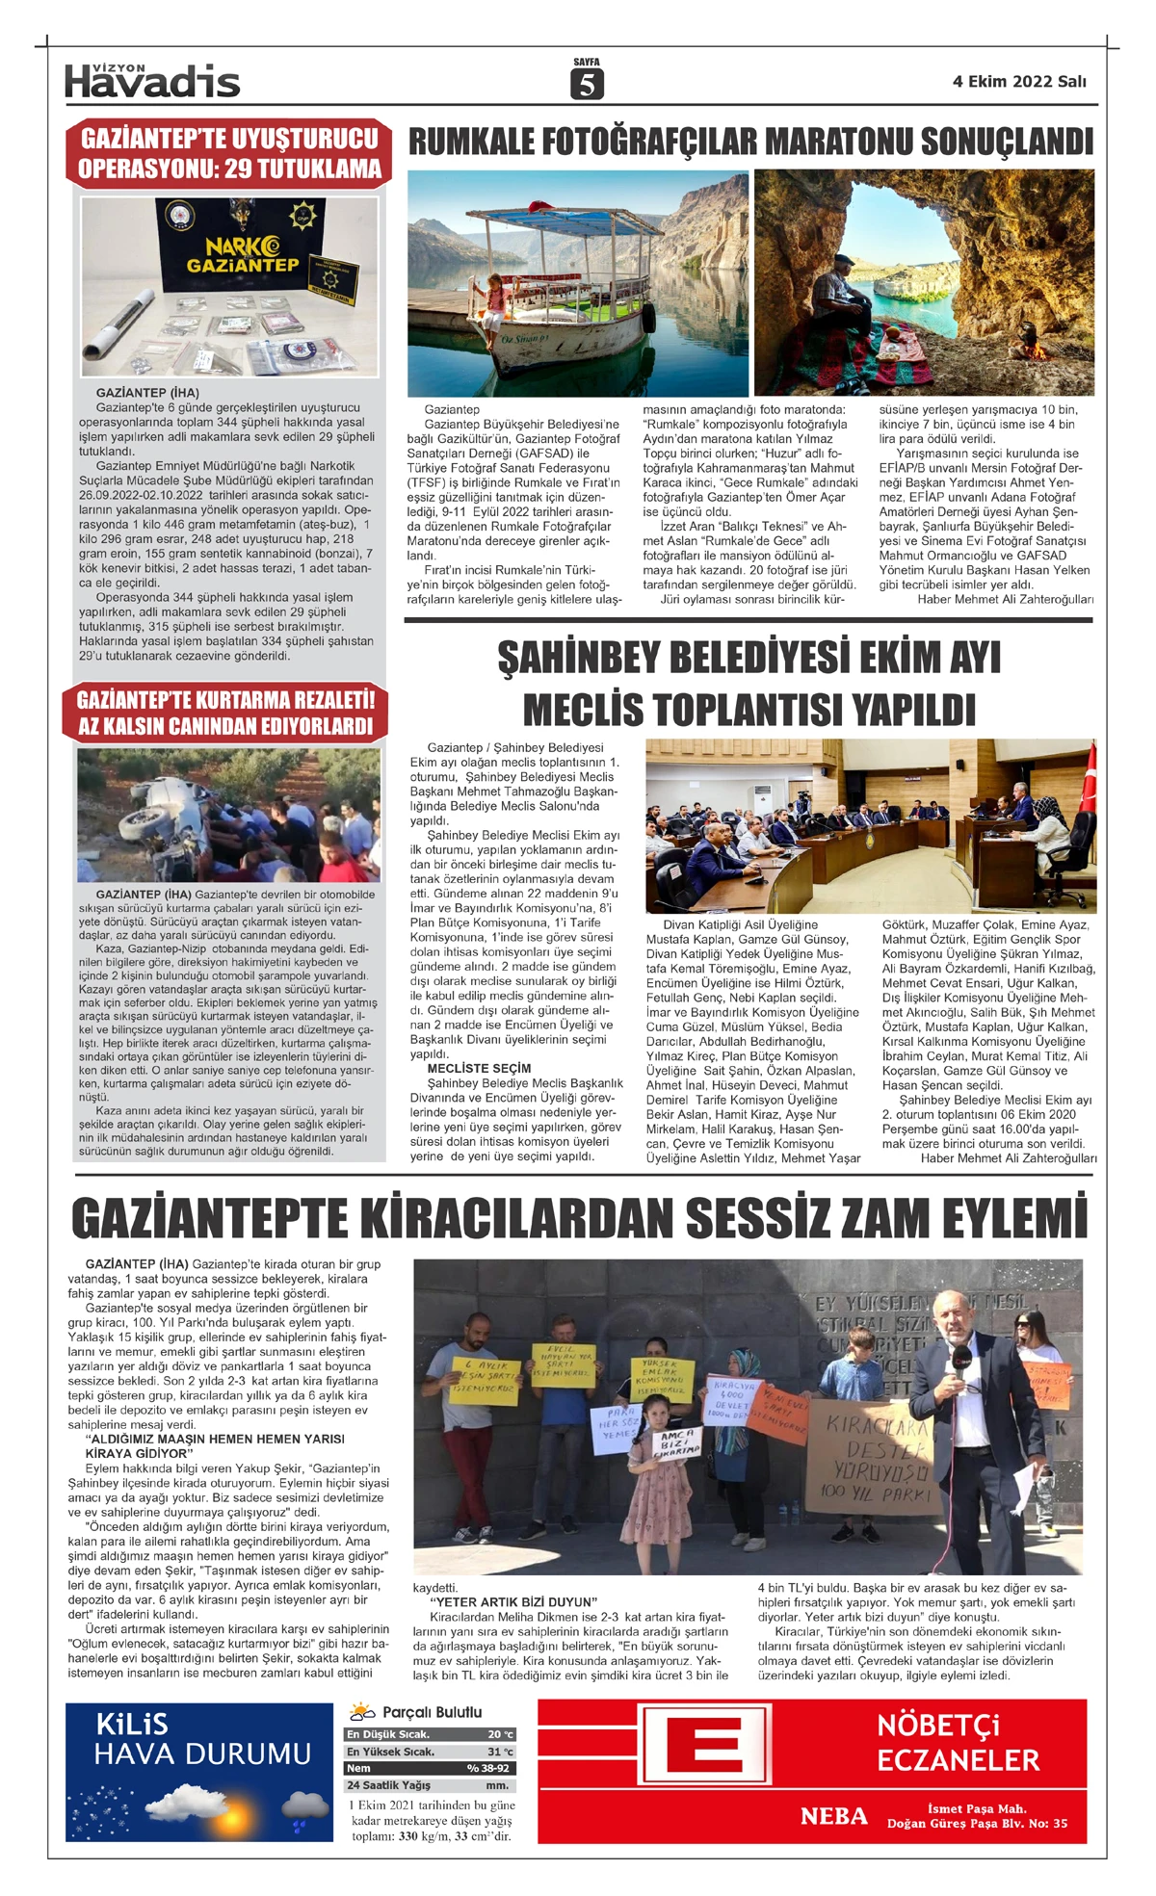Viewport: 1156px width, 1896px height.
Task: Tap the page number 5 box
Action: tap(586, 85)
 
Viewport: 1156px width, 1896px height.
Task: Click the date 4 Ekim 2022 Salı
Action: tap(1019, 82)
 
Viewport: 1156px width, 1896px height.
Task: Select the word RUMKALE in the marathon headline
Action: tap(470, 143)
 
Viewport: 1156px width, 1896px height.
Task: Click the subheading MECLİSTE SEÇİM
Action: tap(479, 1068)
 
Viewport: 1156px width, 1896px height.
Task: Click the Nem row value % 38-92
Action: tap(488, 1768)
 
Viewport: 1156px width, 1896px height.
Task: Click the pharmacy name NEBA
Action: tap(833, 1816)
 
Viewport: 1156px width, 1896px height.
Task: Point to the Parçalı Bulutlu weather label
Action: tap(432, 1712)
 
